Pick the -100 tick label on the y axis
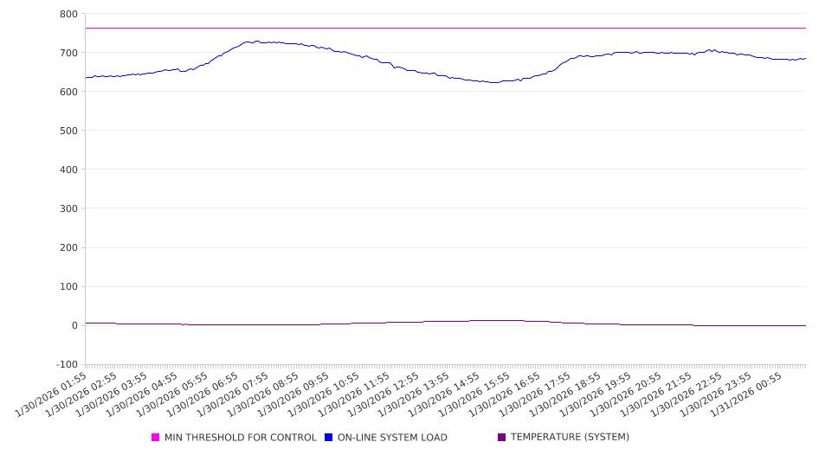tap(66, 364)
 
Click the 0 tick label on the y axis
tap(74, 325)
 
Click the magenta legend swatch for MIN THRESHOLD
tap(156, 438)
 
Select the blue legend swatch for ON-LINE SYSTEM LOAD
tap(329, 438)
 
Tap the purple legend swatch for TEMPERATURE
tap(501, 438)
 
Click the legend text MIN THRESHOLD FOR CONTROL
tap(240, 438)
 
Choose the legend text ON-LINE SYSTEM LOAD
tap(392, 438)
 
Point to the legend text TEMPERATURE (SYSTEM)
tap(570, 438)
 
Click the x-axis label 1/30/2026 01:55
tap(52, 396)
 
